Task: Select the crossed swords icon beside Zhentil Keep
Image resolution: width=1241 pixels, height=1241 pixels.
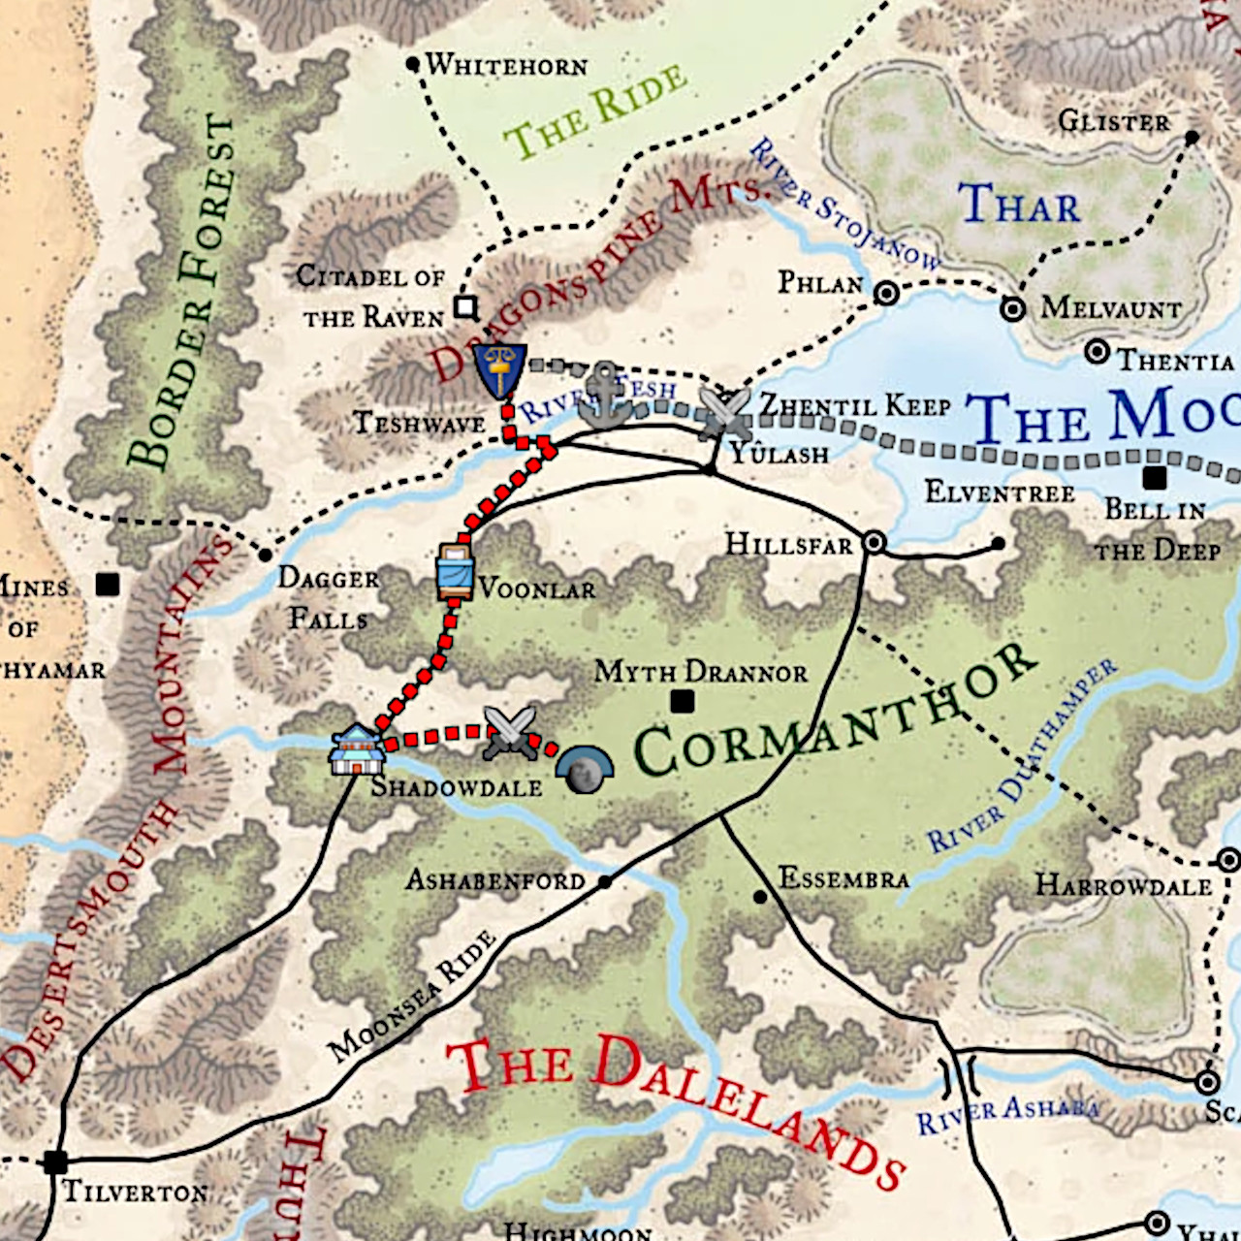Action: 724,411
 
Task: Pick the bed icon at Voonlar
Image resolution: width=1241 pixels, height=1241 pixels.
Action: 455,572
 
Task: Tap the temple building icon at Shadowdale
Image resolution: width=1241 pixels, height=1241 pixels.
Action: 356,749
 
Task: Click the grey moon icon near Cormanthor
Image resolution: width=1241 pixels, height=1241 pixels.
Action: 584,770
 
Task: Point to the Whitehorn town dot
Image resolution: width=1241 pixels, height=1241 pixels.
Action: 412,64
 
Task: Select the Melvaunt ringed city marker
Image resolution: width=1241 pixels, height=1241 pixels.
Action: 1013,309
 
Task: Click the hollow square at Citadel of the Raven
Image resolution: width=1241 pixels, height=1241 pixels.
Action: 466,307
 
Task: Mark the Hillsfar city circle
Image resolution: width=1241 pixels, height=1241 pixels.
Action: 874,543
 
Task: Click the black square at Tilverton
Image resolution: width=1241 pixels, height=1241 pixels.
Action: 55,1161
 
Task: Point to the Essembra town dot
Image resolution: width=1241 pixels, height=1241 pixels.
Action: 760,897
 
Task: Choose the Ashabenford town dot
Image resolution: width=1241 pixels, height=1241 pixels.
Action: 605,882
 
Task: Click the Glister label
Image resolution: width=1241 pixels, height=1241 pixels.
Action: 1114,121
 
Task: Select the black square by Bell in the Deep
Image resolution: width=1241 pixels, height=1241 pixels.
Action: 1154,478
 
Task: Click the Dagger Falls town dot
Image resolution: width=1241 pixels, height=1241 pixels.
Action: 265,556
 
